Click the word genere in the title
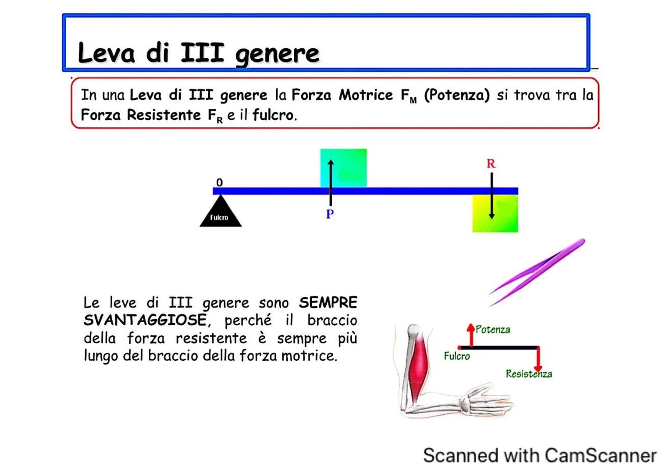277,54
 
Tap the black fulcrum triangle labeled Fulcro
220,213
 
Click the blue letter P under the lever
330,214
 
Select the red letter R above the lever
491,164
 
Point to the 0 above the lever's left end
219,182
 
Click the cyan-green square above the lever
349,168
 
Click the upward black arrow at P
331,180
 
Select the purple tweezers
537,272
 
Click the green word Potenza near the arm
493,330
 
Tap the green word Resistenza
528,374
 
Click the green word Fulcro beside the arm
456,356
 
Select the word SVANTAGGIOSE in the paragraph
145,320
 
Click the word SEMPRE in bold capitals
328,302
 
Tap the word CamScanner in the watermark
600,456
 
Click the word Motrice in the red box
366,95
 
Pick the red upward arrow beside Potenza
471,334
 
